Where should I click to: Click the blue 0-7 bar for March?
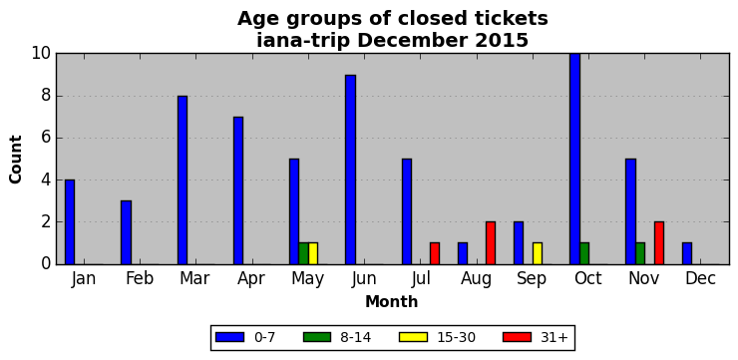pyautogui.click(x=183, y=180)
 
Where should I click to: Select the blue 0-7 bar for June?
pyautogui.click(x=351, y=170)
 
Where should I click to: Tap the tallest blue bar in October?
pyautogui.click(x=575, y=160)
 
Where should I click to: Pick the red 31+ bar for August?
pyautogui.click(x=491, y=243)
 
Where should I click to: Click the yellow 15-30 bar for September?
pyautogui.click(x=538, y=253)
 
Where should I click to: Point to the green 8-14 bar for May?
pyautogui.click(x=303, y=253)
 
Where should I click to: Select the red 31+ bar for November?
pyautogui.click(x=659, y=243)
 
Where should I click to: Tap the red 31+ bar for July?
pyautogui.click(x=435, y=253)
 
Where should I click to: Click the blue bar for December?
pyautogui.click(x=687, y=253)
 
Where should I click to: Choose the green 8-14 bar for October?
pyautogui.click(x=584, y=253)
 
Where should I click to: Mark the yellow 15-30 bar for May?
pyautogui.click(x=313, y=253)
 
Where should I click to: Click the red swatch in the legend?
pyautogui.click(x=517, y=337)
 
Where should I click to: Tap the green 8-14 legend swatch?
pyautogui.click(x=318, y=337)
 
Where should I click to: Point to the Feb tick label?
pyautogui.click(x=140, y=278)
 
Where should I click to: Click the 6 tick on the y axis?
pyautogui.click(x=45, y=139)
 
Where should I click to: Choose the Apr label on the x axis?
pyautogui.click(x=251, y=279)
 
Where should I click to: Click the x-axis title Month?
pyautogui.click(x=392, y=301)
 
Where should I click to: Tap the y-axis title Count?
pyautogui.click(x=16, y=160)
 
